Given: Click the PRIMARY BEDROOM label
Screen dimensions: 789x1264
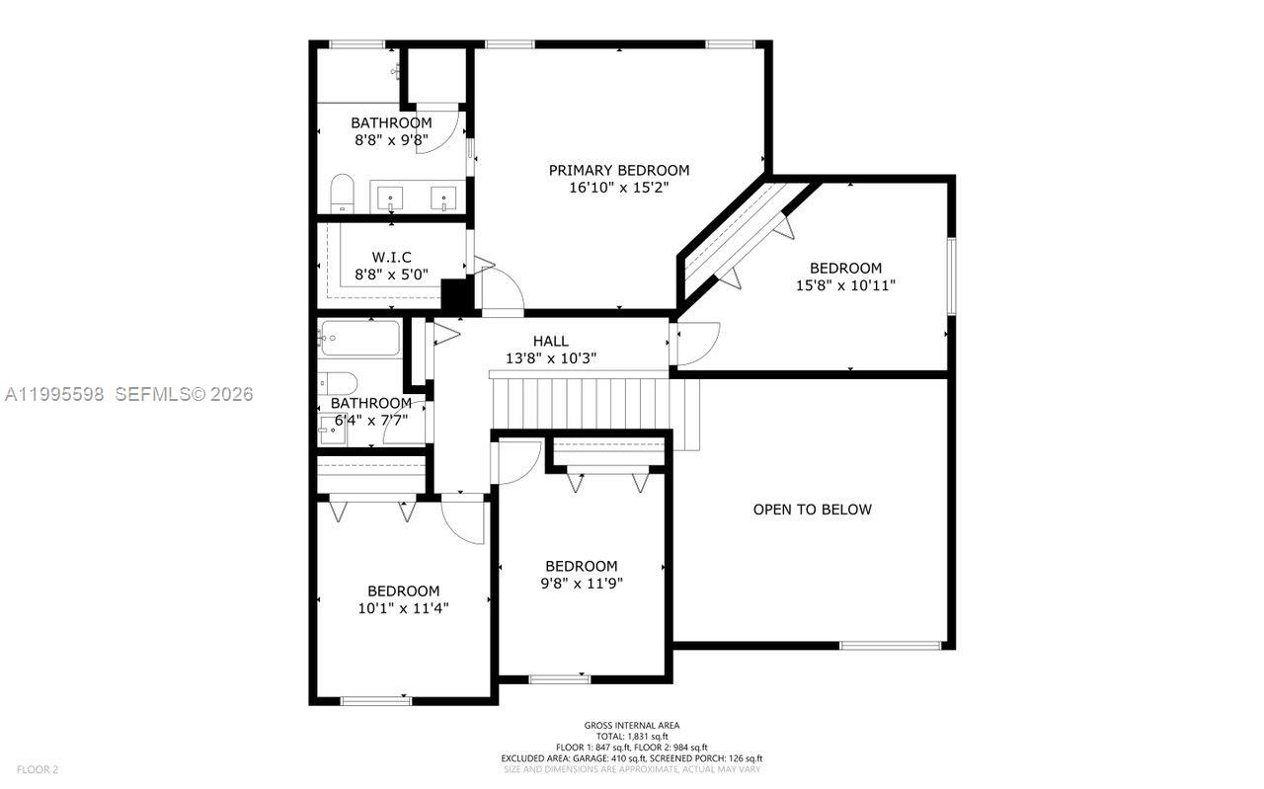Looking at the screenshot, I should point(619,170).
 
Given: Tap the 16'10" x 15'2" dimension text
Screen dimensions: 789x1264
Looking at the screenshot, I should point(619,189).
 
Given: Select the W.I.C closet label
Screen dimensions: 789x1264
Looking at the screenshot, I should point(391,257).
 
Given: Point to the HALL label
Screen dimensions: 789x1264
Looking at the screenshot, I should point(550,341).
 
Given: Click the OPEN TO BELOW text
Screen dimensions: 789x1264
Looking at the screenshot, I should point(812,510).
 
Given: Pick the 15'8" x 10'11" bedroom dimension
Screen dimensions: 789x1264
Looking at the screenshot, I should point(845,285).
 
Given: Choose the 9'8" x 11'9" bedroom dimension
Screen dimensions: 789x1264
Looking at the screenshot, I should point(581,583).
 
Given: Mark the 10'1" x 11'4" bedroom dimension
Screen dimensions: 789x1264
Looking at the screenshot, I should point(403,608).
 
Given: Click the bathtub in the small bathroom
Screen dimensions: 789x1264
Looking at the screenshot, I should point(359,339).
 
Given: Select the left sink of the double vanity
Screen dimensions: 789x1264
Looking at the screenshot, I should point(392,198).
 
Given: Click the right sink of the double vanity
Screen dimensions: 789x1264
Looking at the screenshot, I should point(444,198).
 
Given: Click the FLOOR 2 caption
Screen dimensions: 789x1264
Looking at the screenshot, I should point(38,769).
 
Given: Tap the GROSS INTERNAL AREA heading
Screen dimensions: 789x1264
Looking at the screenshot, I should point(631,725).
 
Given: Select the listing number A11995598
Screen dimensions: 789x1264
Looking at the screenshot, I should point(54,394).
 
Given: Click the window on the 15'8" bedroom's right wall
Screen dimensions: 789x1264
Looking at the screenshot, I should point(951,276).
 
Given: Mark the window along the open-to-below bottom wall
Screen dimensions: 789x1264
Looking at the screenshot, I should point(890,646).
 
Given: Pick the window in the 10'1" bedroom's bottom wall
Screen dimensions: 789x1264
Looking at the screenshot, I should point(375,701).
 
